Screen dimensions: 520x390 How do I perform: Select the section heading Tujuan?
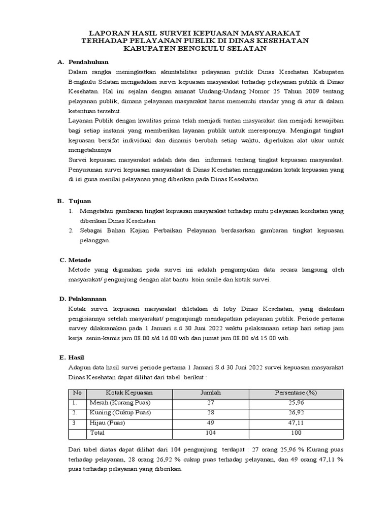pyautogui.click(x=80, y=201)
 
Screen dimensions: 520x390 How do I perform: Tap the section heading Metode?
pyautogui.click(x=80, y=259)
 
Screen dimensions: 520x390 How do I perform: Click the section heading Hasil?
pyautogui.click(x=78, y=357)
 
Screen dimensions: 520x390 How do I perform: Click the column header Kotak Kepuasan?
pyautogui.click(x=129, y=393)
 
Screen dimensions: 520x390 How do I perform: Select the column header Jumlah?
pyautogui.click(x=209, y=393)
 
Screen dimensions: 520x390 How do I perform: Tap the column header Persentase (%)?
pyautogui.click(x=296, y=393)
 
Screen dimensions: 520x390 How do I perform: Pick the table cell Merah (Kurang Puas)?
pyautogui.click(x=120, y=403)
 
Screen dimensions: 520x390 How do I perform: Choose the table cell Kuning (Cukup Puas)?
pyautogui.click(x=121, y=412)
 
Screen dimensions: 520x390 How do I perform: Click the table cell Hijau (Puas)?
pyautogui.click(x=107, y=422)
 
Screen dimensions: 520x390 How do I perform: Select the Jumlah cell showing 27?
pyautogui.click(x=209, y=403)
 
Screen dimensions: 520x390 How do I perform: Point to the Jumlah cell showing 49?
pyautogui.click(x=209, y=422)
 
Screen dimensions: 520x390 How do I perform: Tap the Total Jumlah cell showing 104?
pyautogui.click(x=209, y=432)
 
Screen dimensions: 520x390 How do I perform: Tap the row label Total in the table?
pyautogui.click(x=97, y=432)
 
